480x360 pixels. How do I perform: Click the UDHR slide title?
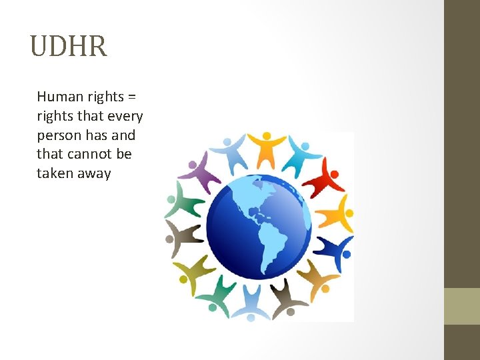(x=69, y=47)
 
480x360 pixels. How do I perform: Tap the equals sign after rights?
(x=133, y=97)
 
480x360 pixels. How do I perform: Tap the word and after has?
(x=122, y=135)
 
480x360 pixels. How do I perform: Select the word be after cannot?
(x=124, y=155)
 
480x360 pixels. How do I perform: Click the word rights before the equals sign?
(x=106, y=97)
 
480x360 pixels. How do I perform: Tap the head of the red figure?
(x=335, y=175)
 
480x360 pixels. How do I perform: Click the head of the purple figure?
(x=193, y=164)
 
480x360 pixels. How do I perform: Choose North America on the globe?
(x=240, y=200)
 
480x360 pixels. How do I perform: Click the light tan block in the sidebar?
(x=461, y=306)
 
